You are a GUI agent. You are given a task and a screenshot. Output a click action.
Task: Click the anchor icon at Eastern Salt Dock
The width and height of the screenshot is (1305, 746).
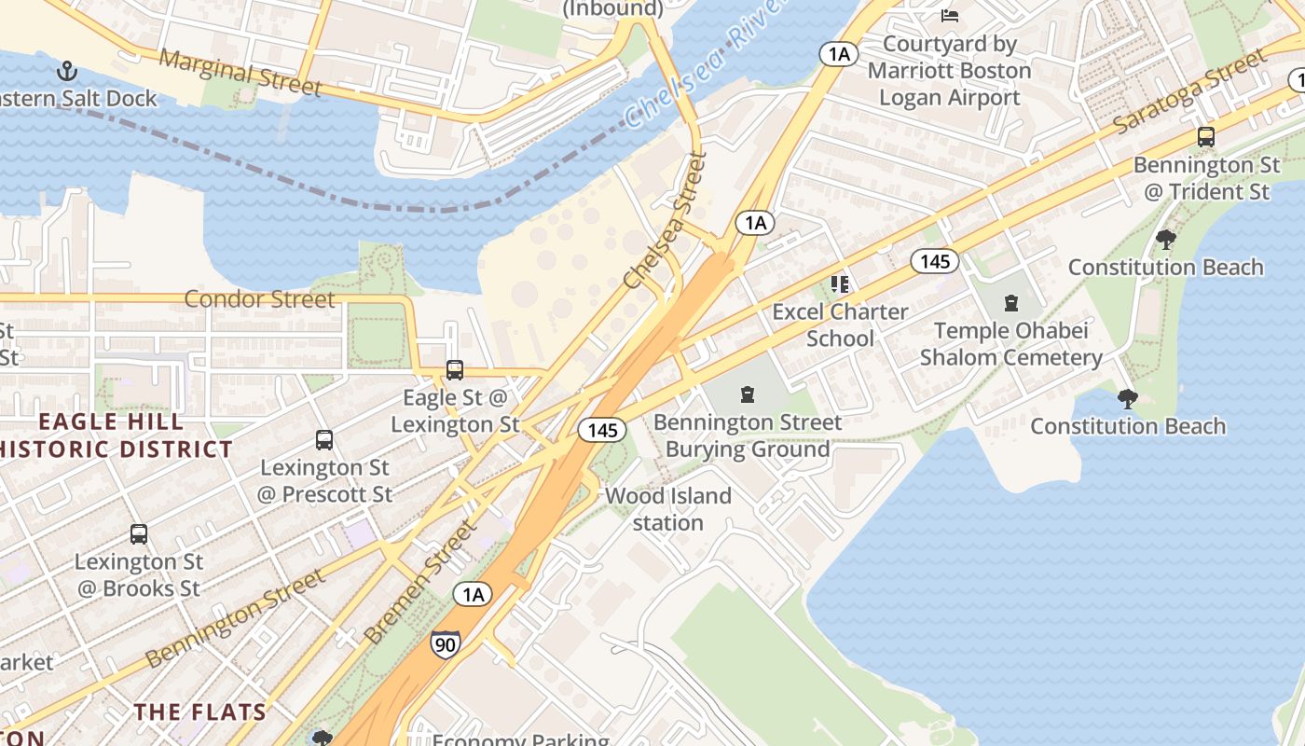click(66, 71)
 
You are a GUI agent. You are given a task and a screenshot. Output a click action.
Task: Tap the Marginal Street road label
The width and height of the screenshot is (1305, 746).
click(240, 72)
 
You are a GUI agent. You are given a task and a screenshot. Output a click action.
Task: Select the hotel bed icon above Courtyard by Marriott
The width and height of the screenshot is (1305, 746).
click(950, 15)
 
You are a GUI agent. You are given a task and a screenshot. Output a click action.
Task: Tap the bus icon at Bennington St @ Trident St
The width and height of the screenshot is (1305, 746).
click(1206, 137)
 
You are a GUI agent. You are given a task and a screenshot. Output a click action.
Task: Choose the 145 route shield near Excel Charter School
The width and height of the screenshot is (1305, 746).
click(935, 261)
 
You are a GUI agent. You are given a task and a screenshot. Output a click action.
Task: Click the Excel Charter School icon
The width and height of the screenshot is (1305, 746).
click(840, 283)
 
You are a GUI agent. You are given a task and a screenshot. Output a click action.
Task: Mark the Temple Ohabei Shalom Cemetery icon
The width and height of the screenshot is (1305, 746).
click(1010, 303)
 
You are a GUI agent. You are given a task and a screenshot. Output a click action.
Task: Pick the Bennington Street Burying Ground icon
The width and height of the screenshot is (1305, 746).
click(747, 394)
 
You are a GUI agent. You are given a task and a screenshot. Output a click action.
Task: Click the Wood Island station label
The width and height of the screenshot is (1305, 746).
click(668, 509)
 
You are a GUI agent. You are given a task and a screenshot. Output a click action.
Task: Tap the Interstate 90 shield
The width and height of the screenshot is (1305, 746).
click(445, 643)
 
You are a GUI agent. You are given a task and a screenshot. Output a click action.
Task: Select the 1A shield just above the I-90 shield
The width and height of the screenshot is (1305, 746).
click(473, 594)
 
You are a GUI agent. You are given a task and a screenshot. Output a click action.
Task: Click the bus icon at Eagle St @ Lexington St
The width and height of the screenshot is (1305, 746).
click(454, 370)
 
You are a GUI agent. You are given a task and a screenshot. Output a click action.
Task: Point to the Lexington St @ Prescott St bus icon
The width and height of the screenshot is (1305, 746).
click(324, 439)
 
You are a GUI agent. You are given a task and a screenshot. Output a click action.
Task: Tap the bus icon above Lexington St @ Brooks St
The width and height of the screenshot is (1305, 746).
click(139, 534)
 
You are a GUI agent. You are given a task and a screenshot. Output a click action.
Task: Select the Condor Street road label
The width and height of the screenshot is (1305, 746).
click(259, 299)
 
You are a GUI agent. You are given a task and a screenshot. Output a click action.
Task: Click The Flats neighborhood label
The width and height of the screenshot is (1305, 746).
click(199, 712)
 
